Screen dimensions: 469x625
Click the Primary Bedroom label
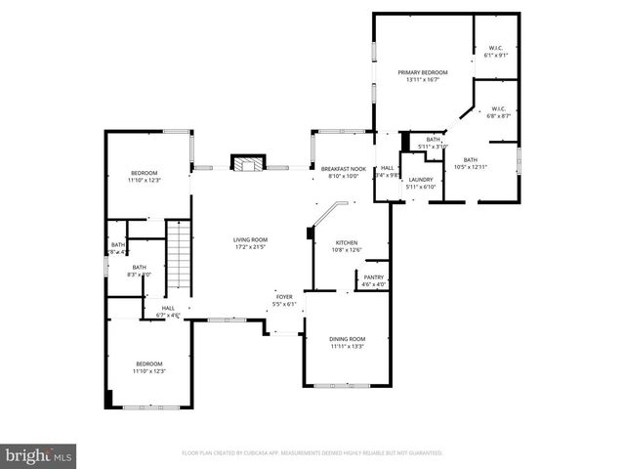(422, 72)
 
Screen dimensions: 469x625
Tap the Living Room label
(250, 239)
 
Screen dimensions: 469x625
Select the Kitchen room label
(347, 242)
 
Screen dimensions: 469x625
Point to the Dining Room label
(347, 338)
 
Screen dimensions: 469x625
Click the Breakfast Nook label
(343, 169)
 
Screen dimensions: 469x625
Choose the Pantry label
(373, 277)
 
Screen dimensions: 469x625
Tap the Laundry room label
(420, 180)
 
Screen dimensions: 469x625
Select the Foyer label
(283, 296)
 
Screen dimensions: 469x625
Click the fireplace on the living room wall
(247, 163)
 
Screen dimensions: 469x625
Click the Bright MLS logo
(39, 454)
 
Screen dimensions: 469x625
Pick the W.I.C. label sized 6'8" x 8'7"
(498, 108)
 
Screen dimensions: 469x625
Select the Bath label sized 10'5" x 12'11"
(471, 160)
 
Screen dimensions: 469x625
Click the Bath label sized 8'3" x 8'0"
(140, 268)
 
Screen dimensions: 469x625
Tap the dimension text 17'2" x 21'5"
(250, 247)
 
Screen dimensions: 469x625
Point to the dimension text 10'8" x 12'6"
(347, 250)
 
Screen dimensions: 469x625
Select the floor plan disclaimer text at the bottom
(312, 453)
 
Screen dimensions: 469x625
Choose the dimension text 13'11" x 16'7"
(422, 80)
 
